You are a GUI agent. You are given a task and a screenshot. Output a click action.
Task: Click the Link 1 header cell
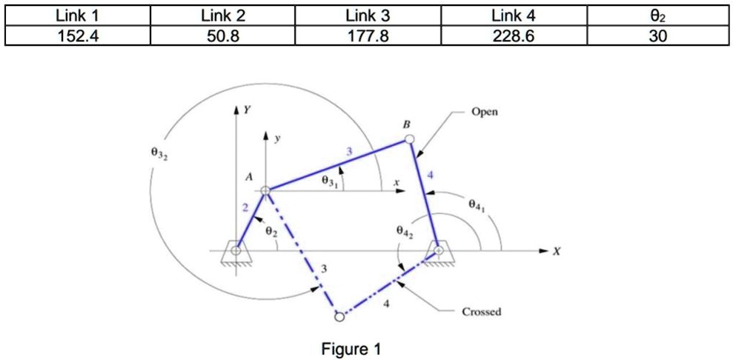(78, 16)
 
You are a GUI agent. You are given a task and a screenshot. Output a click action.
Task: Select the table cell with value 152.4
(78, 36)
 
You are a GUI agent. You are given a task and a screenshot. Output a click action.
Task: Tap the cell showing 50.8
(223, 36)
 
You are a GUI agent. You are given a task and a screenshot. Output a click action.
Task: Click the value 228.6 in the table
(514, 36)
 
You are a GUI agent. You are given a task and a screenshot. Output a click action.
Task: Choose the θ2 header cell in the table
(657, 16)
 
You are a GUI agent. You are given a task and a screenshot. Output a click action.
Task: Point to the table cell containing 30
(657, 36)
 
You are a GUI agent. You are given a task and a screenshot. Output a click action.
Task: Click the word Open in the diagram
(485, 112)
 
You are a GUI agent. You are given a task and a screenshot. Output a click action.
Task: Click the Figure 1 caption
(351, 349)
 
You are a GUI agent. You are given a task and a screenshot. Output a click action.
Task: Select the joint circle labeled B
(410, 139)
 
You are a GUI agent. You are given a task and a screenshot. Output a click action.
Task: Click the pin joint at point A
(266, 191)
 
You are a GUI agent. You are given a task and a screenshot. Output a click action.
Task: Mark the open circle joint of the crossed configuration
(339, 317)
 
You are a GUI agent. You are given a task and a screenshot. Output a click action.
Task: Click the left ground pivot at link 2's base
(236, 252)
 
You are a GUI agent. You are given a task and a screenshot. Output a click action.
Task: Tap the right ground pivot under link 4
(439, 252)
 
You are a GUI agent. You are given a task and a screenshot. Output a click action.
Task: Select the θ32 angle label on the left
(159, 156)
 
